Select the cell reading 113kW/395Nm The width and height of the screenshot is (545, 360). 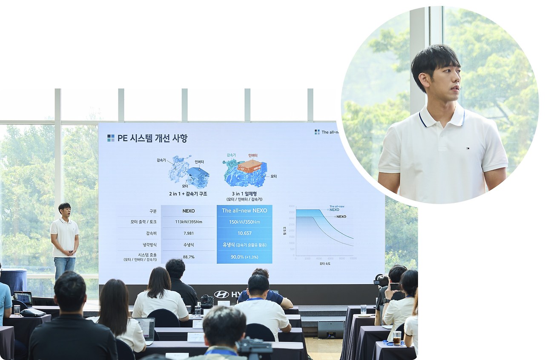coord(188,222)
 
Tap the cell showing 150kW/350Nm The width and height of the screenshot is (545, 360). coord(244,222)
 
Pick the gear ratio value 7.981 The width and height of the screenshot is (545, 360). coord(188,233)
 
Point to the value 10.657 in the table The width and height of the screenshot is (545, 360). coord(244,233)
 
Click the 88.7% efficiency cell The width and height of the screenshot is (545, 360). coord(188,257)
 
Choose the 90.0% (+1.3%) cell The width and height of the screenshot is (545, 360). coord(244,257)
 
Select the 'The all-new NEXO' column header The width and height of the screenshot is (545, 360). coord(244,210)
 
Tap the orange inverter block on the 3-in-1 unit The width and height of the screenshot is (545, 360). coord(250,166)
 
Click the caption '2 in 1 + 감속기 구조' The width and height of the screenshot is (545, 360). coord(188,193)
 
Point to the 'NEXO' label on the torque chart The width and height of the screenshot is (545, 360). coord(341,216)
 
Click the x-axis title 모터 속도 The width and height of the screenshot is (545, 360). coord(325,264)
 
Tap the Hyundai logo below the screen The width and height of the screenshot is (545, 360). coord(221,294)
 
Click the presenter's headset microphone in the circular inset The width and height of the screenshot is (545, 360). coord(459,89)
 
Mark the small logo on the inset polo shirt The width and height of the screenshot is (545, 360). coord(467,148)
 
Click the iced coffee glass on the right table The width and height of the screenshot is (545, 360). coord(397,338)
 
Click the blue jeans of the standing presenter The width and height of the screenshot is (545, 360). coord(64,267)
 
